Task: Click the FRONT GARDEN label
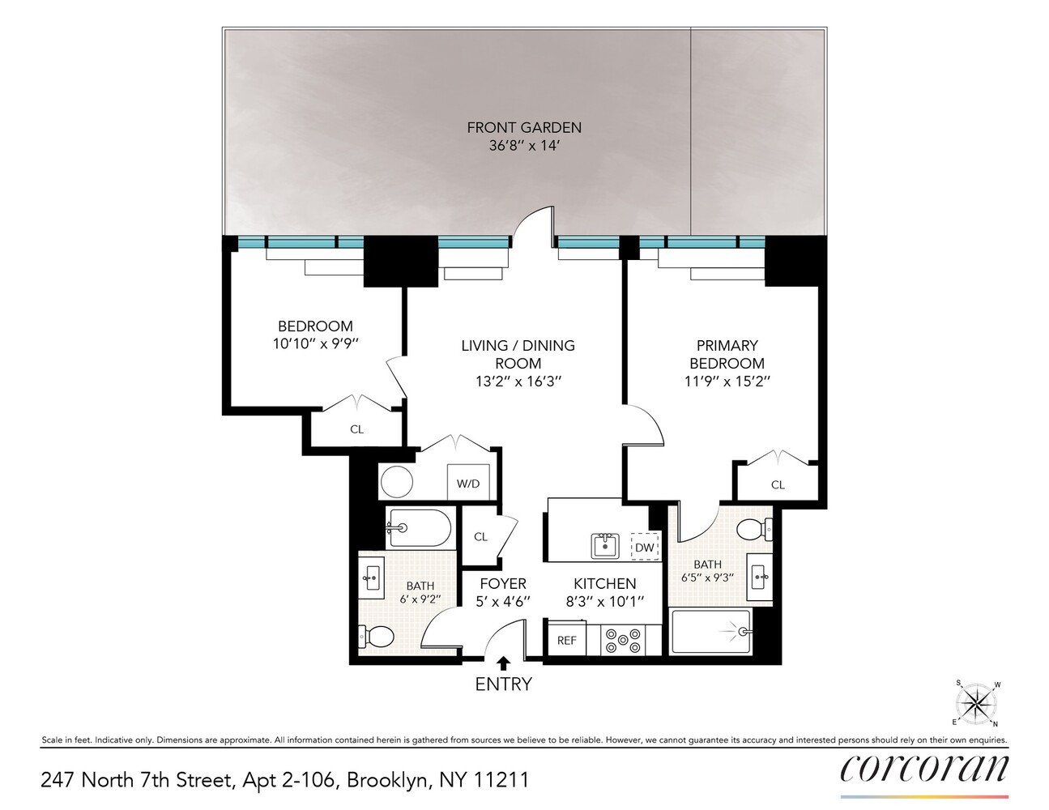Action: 524,127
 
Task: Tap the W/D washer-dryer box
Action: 468,484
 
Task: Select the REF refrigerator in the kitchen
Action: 567,640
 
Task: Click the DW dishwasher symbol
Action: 645,548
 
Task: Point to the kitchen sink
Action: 605,545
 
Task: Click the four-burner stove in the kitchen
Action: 623,640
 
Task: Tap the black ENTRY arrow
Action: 504,663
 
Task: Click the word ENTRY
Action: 503,684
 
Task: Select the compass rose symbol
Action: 977,703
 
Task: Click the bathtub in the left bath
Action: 419,528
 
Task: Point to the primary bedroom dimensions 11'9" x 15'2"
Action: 727,382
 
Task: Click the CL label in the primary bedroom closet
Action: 778,485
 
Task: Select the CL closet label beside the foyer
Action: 480,537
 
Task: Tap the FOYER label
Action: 503,583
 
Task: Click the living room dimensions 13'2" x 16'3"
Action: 518,382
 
